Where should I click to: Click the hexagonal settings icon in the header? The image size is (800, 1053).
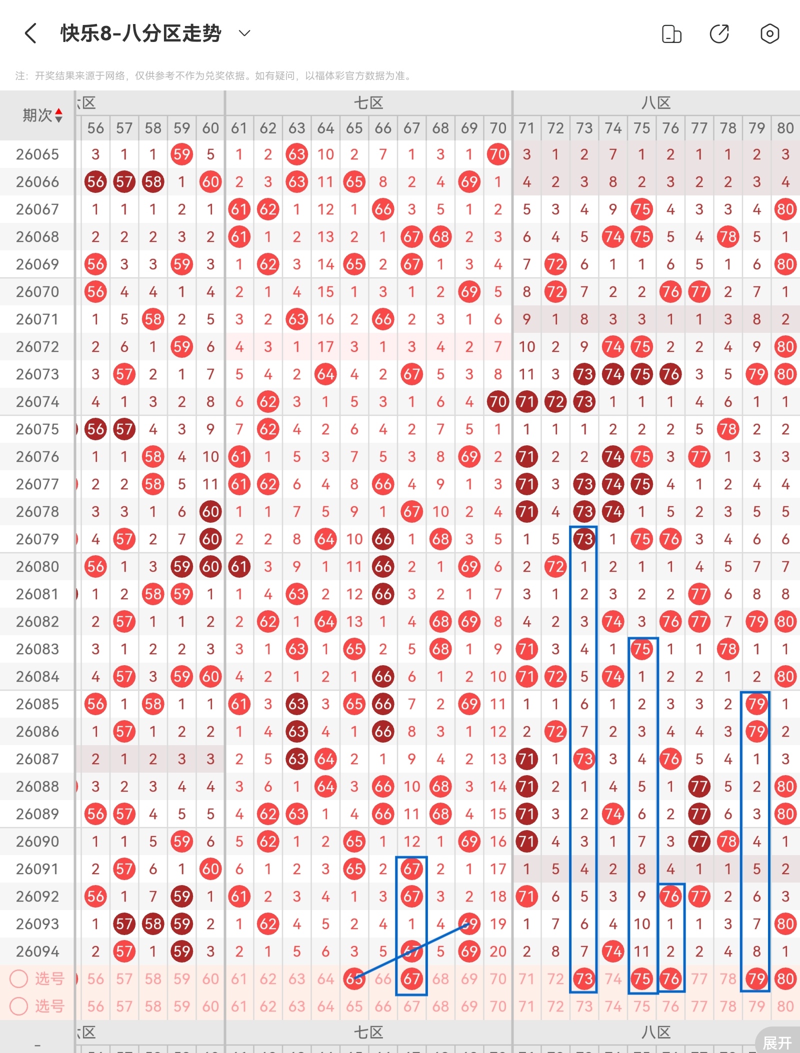point(769,34)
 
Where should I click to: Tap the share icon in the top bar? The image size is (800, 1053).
point(719,34)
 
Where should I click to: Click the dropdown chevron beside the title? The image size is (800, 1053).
point(244,33)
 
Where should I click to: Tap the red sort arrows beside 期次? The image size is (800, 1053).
point(59,115)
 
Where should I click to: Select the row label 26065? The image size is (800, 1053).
point(37,154)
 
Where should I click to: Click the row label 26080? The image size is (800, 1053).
point(37,567)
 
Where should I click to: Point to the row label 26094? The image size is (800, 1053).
point(37,952)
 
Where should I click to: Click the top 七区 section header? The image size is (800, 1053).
point(368,103)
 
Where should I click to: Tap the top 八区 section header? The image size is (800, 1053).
point(656,103)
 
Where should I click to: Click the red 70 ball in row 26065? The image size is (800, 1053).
point(498,154)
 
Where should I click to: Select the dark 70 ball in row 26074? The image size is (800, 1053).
point(498,402)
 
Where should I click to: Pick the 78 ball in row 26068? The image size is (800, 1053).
point(728,237)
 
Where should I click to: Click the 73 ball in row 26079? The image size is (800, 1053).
point(584,539)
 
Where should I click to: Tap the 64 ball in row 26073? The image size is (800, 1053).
point(325,374)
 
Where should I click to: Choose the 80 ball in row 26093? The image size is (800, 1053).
point(785,924)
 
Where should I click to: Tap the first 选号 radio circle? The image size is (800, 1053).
point(19,979)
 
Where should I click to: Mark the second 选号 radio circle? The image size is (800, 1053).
point(19,1006)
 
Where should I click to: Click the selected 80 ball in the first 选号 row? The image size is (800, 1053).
point(785,979)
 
